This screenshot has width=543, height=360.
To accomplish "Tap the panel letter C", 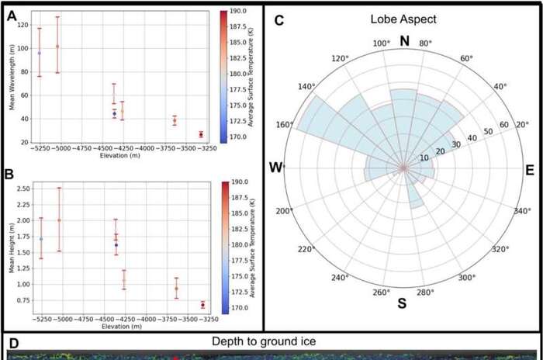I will [x=276, y=19].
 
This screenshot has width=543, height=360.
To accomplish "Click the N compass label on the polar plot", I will [x=403, y=40].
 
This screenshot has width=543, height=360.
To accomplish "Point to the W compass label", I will [x=275, y=168].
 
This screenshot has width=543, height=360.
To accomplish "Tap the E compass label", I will [x=530, y=168].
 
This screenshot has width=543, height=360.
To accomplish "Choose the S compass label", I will [x=402, y=303].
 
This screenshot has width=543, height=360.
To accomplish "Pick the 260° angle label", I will [x=379, y=292].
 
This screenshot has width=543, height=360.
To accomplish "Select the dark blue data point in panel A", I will [x=114, y=113].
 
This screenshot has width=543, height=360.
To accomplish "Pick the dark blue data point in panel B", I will [x=116, y=245].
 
